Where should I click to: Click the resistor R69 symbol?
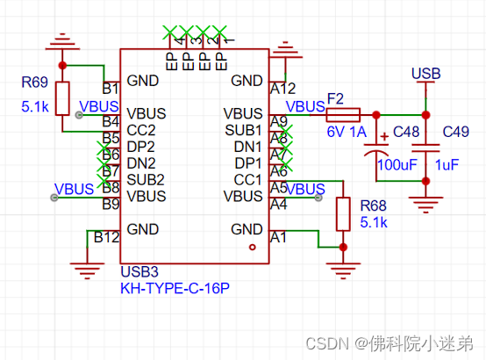click(x=62, y=98)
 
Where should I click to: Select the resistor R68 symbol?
click(x=341, y=212)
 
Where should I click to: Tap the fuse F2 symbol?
click(x=343, y=114)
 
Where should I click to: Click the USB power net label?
click(x=426, y=73)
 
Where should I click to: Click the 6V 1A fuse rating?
click(x=345, y=131)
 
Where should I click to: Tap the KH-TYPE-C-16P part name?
click(x=168, y=287)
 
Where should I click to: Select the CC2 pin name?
click(x=141, y=130)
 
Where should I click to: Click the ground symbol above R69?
click(x=61, y=41)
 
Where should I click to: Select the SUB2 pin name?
click(x=145, y=179)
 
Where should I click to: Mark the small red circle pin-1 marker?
click(x=253, y=248)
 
